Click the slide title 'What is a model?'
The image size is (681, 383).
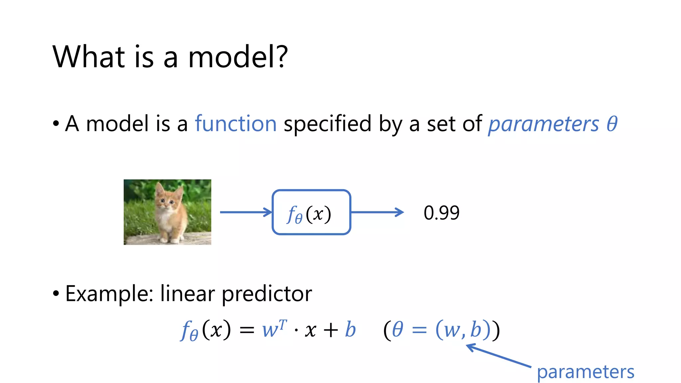[x=170, y=57]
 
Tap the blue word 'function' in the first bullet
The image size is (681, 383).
[x=235, y=124]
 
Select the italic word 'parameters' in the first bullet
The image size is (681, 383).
[x=543, y=124]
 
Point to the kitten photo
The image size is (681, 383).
[x=167, y=212]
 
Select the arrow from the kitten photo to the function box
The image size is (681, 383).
[x=245, y=212]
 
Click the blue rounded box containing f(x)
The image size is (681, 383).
[x=311, y=212]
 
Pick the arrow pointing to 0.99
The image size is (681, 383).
[x=377, y=212]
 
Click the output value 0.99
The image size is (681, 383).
[x=441, y=213]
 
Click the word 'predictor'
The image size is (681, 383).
[x=267, y=294]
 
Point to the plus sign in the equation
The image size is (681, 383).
[x=331, y=330]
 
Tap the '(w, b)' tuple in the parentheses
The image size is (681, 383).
[x=463, y=329]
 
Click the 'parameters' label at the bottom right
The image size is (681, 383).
[x=586, y=372]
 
